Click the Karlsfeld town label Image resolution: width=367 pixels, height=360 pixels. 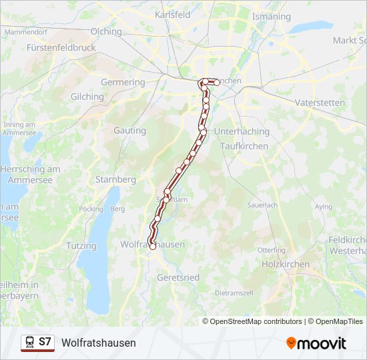click(x=172, y=14)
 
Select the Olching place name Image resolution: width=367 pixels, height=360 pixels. click(x=107, y=31)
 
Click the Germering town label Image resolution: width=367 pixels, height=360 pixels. click(x=123, y=83)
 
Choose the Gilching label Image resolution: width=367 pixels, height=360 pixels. click(x=87, y=97)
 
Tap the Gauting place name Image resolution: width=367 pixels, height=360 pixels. click(x=129, y=131)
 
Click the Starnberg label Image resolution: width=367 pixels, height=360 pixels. click(x=115, y=179)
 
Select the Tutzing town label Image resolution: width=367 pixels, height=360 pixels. click(x=81, y=246)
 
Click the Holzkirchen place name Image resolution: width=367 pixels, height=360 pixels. click(x=286, y=264)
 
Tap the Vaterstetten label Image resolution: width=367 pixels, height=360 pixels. click(x=320, y=103)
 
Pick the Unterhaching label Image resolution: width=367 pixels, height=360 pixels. click(x=242, y=131)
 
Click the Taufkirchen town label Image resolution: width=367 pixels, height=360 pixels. click(x=244, y=146)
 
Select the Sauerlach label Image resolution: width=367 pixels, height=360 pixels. click(x=262, y=205)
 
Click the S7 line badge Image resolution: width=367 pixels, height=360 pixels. click(x=45, y=342)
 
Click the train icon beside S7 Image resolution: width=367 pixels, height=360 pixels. click(x=29, y=342)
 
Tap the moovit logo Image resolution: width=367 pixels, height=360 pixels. click(x=316, y=343)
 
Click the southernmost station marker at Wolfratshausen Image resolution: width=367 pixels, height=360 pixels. click(x=152, y=247)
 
